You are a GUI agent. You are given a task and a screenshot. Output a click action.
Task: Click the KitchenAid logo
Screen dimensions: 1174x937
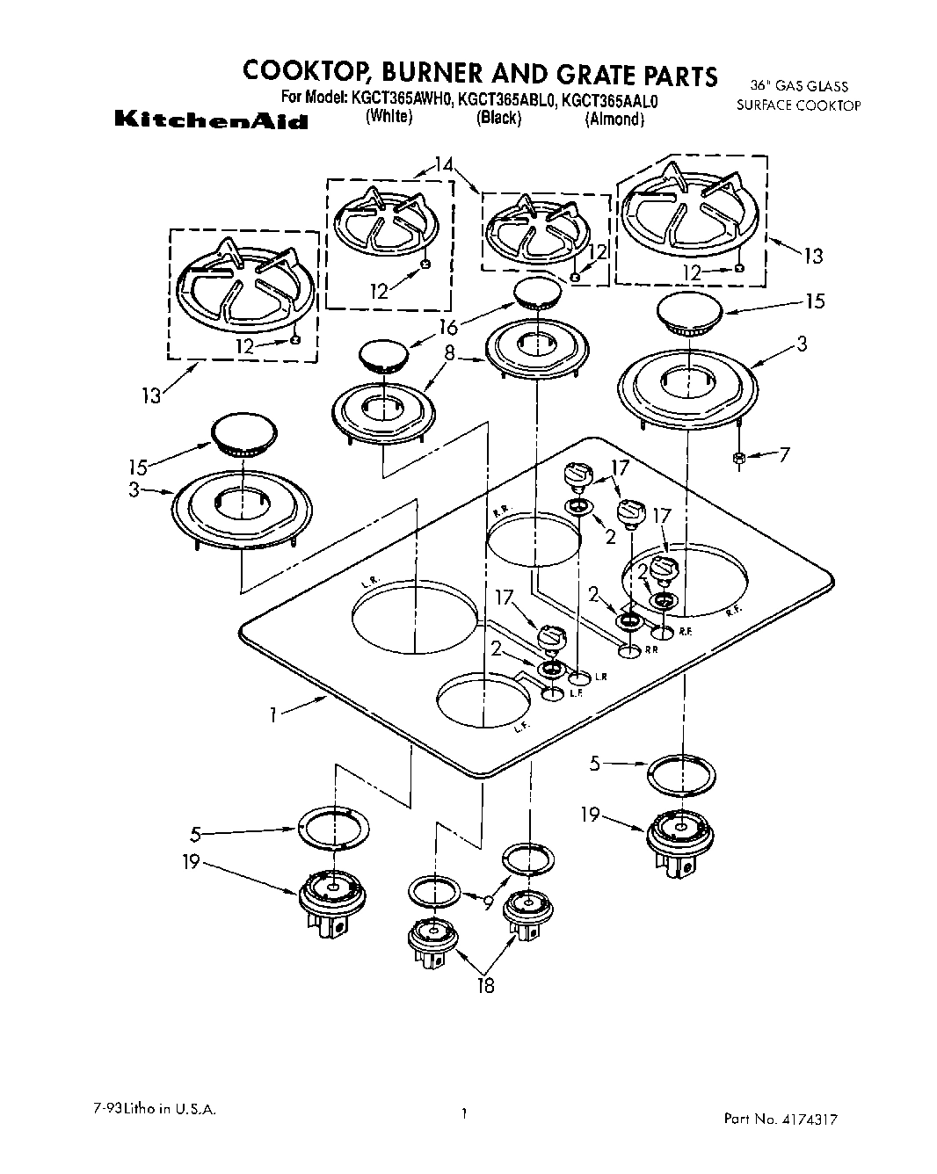click(211, 120)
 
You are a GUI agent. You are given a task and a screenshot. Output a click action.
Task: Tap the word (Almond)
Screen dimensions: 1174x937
click(614, 120)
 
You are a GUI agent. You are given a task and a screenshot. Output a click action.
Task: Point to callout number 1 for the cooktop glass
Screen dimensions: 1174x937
click(275, 714)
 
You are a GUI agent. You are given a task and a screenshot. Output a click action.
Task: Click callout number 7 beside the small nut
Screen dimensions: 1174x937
click(784, 454)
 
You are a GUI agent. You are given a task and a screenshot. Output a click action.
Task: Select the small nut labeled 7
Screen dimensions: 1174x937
click(739, 457)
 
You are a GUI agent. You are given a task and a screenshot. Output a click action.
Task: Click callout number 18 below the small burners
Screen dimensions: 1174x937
click(484, 985)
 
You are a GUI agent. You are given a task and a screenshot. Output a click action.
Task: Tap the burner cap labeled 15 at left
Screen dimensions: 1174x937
click(240, 437)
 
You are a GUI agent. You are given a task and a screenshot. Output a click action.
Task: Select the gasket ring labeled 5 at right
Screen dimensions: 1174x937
click(680, 773)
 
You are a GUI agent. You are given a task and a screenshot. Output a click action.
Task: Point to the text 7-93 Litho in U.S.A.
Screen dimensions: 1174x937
click(153, 1110)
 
